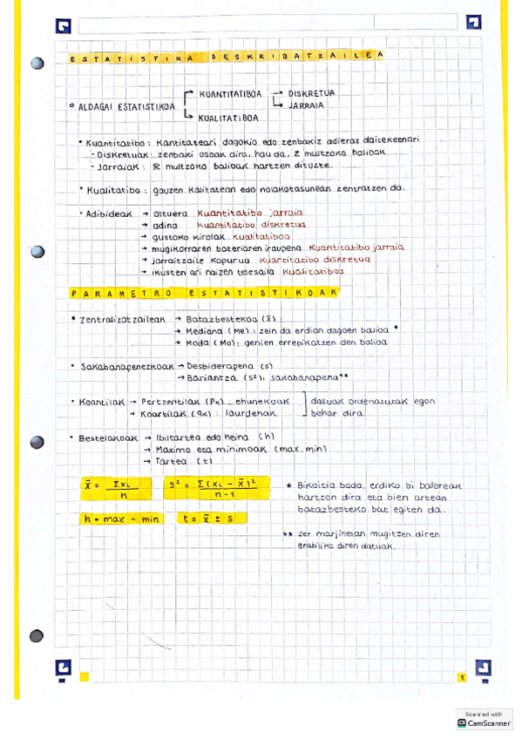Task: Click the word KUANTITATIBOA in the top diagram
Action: (227, 92)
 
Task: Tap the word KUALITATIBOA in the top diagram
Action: (227, 118)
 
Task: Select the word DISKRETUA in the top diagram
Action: (311, 92)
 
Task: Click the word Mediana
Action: (206, 331)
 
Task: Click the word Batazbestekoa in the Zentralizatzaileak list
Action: (213, 320)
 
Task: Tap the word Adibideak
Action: (108, 213)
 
